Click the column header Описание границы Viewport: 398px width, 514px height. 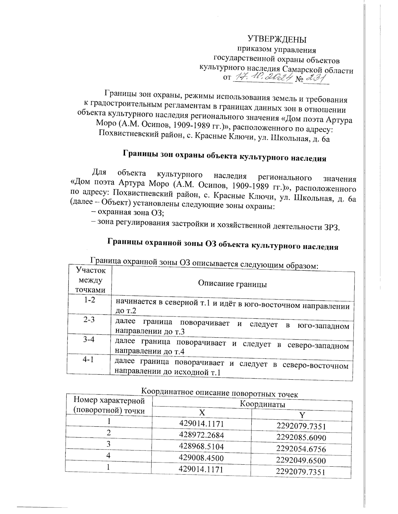click(232, 284)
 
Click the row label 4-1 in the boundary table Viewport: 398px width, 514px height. click(88, 360)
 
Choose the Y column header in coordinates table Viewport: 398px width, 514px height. click(301, 415)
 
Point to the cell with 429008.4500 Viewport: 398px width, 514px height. click(201, 458)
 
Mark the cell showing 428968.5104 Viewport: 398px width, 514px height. click(201, 446)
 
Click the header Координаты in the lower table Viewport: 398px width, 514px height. click(262, 404)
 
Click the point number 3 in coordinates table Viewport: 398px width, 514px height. click(108, 444)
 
